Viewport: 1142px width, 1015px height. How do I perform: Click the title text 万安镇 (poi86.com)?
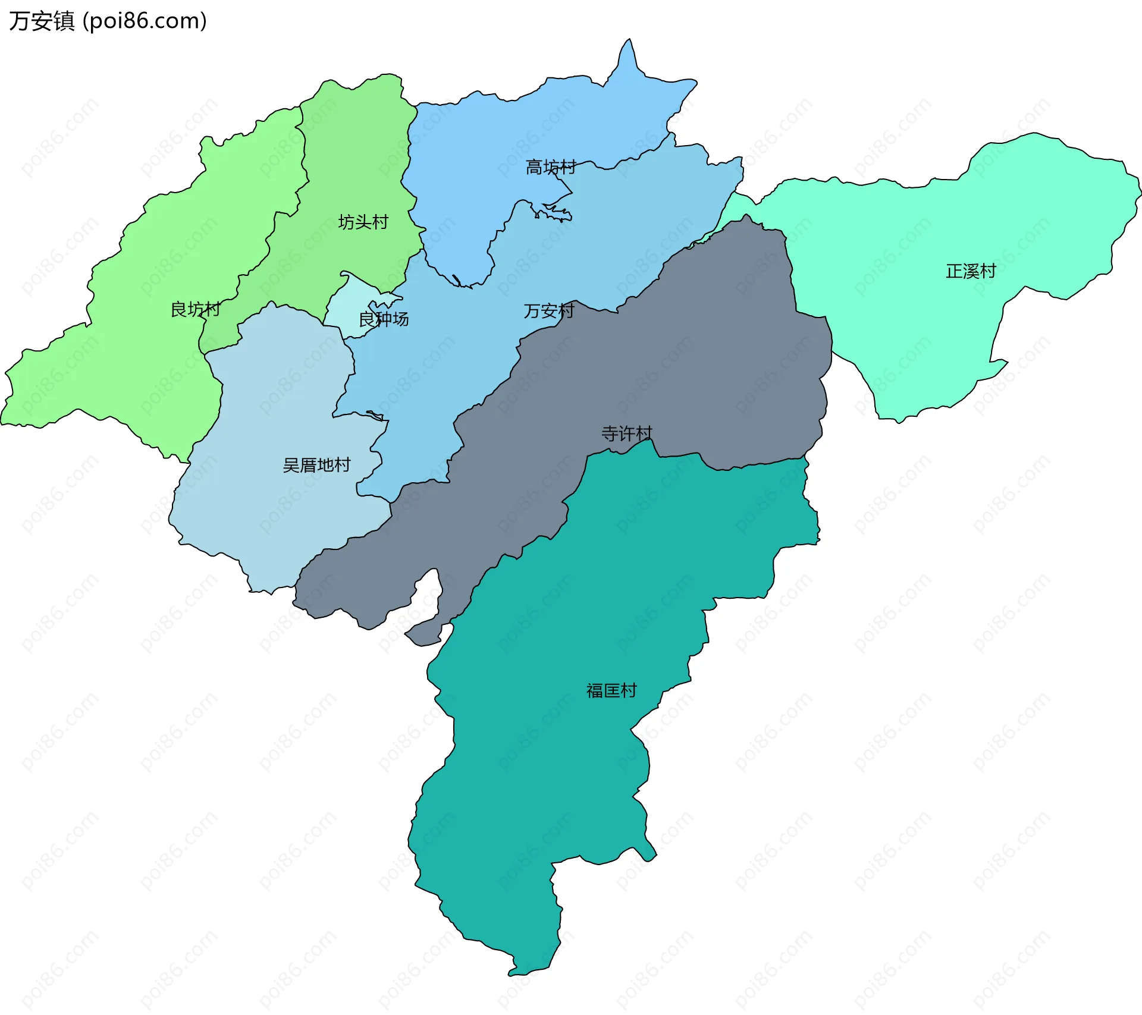click(x=108, y=21)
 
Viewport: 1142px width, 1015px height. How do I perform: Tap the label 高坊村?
click(x=551, y=167)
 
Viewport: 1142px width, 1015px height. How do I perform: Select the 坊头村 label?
click(x=363, y=222)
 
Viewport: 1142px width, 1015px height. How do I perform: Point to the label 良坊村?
click(x=195, y=309)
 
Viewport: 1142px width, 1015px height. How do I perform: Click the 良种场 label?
click(x=384, y=319)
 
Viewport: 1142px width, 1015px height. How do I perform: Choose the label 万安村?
click(x=548, y=311)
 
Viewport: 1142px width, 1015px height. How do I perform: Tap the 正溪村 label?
click(x=971, y=271)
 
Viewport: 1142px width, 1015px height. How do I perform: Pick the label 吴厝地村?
click(x=316, y=465)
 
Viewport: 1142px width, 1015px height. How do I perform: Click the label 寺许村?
click(x=626, y=433)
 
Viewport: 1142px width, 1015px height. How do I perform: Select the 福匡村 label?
click(x=611, y=690)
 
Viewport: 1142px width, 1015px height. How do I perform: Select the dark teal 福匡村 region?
click(x=565, y=773)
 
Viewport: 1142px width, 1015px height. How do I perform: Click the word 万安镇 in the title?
click(x=42, y=21)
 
